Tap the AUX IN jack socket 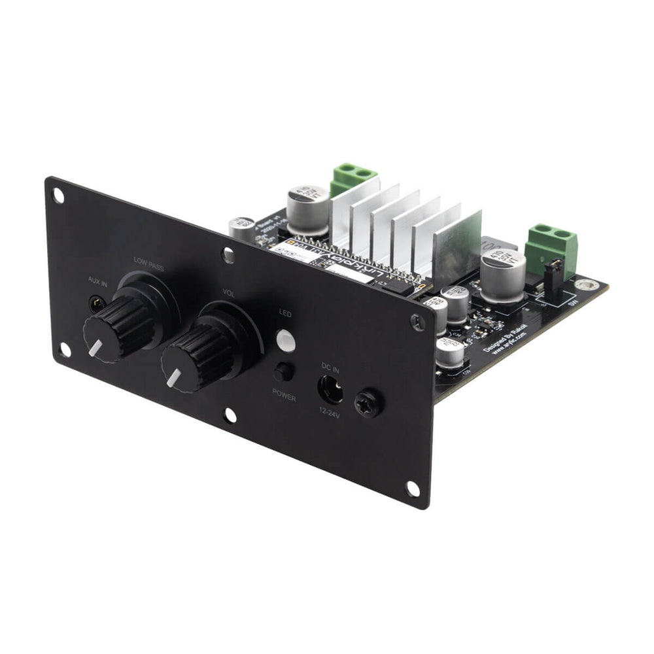97,302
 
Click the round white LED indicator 285,340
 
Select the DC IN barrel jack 331,390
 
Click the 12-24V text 331,415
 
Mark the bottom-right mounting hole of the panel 412,488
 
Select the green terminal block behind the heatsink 353,179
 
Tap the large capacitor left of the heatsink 308,208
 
